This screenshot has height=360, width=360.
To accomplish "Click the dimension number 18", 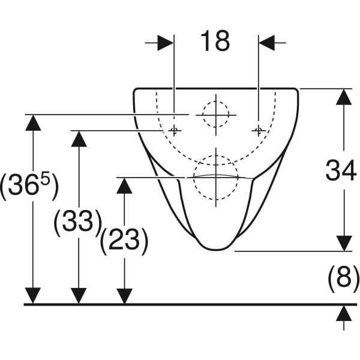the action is tap(215, 41).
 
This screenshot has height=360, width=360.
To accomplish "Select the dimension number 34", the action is tap(341, 170).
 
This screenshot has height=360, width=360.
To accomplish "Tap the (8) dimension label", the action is tap(343, 279).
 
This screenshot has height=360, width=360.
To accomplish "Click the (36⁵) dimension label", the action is tap(29, 187).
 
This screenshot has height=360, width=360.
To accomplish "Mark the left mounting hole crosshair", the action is tap(174, 131).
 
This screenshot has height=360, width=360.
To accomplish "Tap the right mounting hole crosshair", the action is tap(259, 131).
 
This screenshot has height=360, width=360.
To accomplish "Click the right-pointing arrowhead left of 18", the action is tap(166, 43).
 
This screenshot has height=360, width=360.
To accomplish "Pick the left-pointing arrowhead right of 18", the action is tap(267, 43).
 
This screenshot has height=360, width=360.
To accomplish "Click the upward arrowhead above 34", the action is tap(344, 97).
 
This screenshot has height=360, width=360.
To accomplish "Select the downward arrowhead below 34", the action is tap(344, 244).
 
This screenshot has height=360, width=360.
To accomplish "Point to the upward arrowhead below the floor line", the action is tap(344, 313).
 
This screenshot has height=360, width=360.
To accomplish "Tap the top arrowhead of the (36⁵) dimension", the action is tap(33, 122).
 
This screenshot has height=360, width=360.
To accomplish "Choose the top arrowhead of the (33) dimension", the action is tap(79, 139).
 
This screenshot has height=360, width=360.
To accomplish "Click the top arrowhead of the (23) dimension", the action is tap(124, 186).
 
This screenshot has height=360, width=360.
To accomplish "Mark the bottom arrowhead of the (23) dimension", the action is tap(124, 296).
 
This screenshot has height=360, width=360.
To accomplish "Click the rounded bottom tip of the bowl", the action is tap(216, 249).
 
